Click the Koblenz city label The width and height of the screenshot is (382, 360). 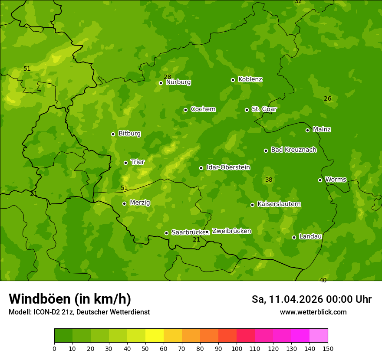[x=250, y=79]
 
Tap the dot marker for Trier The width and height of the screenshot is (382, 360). [x=126, y=163]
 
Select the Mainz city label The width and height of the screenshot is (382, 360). [x=322, y=129]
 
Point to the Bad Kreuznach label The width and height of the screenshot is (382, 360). [x=293, y=150]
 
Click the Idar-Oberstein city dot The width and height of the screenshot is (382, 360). [x=201, y=168]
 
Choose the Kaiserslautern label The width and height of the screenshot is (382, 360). [x=279, y=204]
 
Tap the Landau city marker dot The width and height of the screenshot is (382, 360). [x=294, y=237]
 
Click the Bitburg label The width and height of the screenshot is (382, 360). [x=129, y=133]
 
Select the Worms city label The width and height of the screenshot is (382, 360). [x=336, y=179]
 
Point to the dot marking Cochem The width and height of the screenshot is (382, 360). [x=185, y=110]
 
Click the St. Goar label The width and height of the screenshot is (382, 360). [x=264, y=109]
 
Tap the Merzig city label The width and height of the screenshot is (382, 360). [x=140, y=203]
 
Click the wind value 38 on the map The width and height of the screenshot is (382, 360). [x=269, y=180]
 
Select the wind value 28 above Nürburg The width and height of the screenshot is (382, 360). [x=167, y=77]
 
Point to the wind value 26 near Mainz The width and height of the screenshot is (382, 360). [x=327, y=98]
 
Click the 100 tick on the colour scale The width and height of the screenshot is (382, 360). [x=237, y=348]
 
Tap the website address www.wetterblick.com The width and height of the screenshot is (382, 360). [x=313, y=312]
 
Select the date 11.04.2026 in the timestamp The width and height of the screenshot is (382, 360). [x=295, y=299]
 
